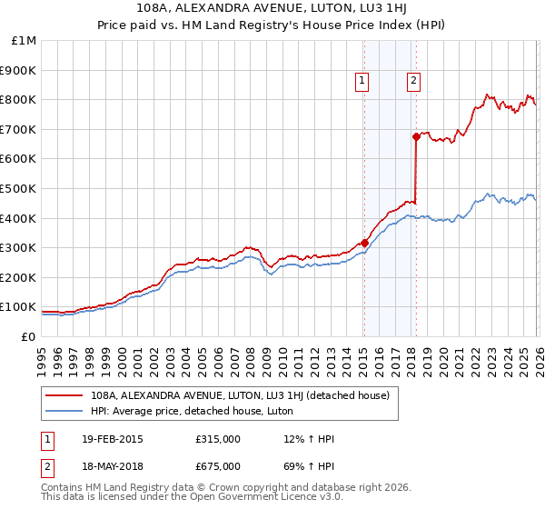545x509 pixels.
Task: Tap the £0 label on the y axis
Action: click(28, 337)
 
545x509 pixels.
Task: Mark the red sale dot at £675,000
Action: click(416, 137)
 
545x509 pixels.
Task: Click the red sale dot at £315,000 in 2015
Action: click(364, 243)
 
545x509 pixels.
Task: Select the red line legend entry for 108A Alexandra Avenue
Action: click(240, 395)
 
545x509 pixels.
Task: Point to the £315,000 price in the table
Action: click(217, 439)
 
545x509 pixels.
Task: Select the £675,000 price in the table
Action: click(217, 466)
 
